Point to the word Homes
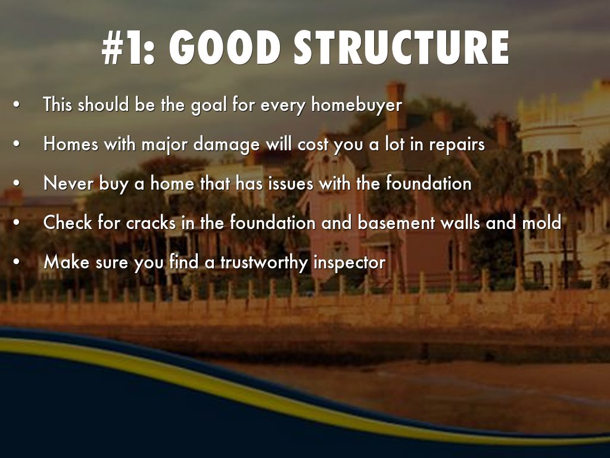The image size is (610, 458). [71, 144]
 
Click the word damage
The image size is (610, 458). [226, 145]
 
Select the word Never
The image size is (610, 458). [69, 184]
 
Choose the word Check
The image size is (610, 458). [68, 223]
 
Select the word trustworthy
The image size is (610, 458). [264, 262]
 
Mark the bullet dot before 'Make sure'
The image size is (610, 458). [16, 262]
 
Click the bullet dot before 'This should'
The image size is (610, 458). [16, 105]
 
